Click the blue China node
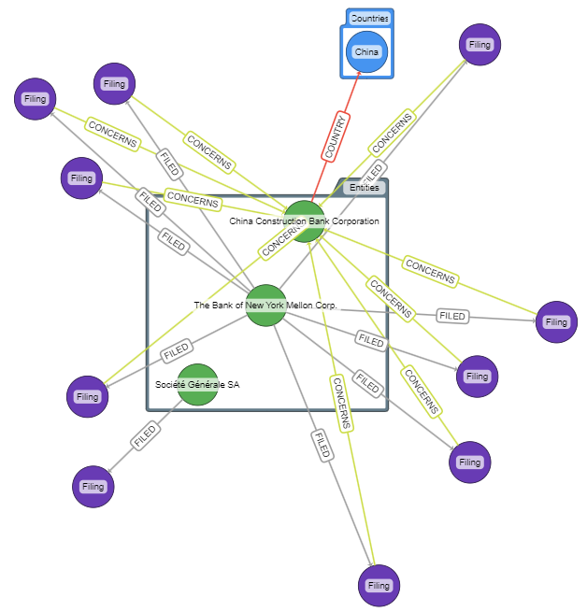click(366, 51)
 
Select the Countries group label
click(369, 18)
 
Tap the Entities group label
click(365, 188)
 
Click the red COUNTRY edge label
click(336, 135)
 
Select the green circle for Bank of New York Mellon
click(265, 306)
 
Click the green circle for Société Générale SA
click(197, 384)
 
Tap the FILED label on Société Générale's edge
click(145, 435)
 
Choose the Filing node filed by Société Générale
click(93, 486)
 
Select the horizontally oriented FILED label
click(452, 317)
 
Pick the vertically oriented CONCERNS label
click(341, 403)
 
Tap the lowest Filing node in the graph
click(379, 586)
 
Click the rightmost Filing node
click(556, 322)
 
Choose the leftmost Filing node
click(36, 98)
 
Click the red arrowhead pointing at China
click(358, 74)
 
